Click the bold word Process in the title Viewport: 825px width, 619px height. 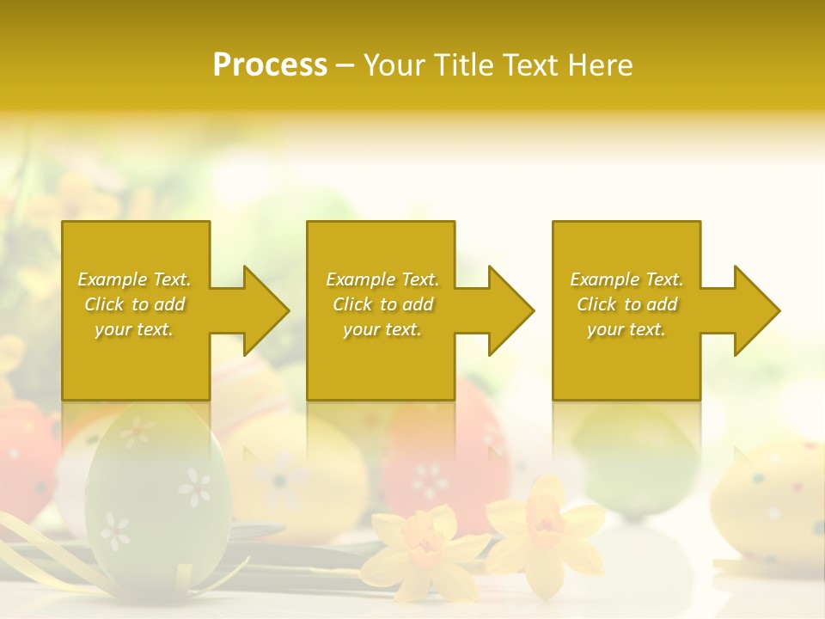pos(270,65)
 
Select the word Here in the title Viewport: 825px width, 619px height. pos(601,65)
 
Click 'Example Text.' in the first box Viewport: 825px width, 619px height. pos(134,279)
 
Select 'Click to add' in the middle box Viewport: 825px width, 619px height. pos(382,304)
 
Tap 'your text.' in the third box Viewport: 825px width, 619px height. pos(626,329)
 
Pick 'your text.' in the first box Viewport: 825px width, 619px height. pos(134,329)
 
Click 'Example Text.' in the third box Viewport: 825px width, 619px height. pos(626,279)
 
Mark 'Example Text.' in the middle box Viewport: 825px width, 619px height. pos(382,279)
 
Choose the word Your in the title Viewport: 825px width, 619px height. pos(396,65)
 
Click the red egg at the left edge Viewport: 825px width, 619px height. pos(26,456)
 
